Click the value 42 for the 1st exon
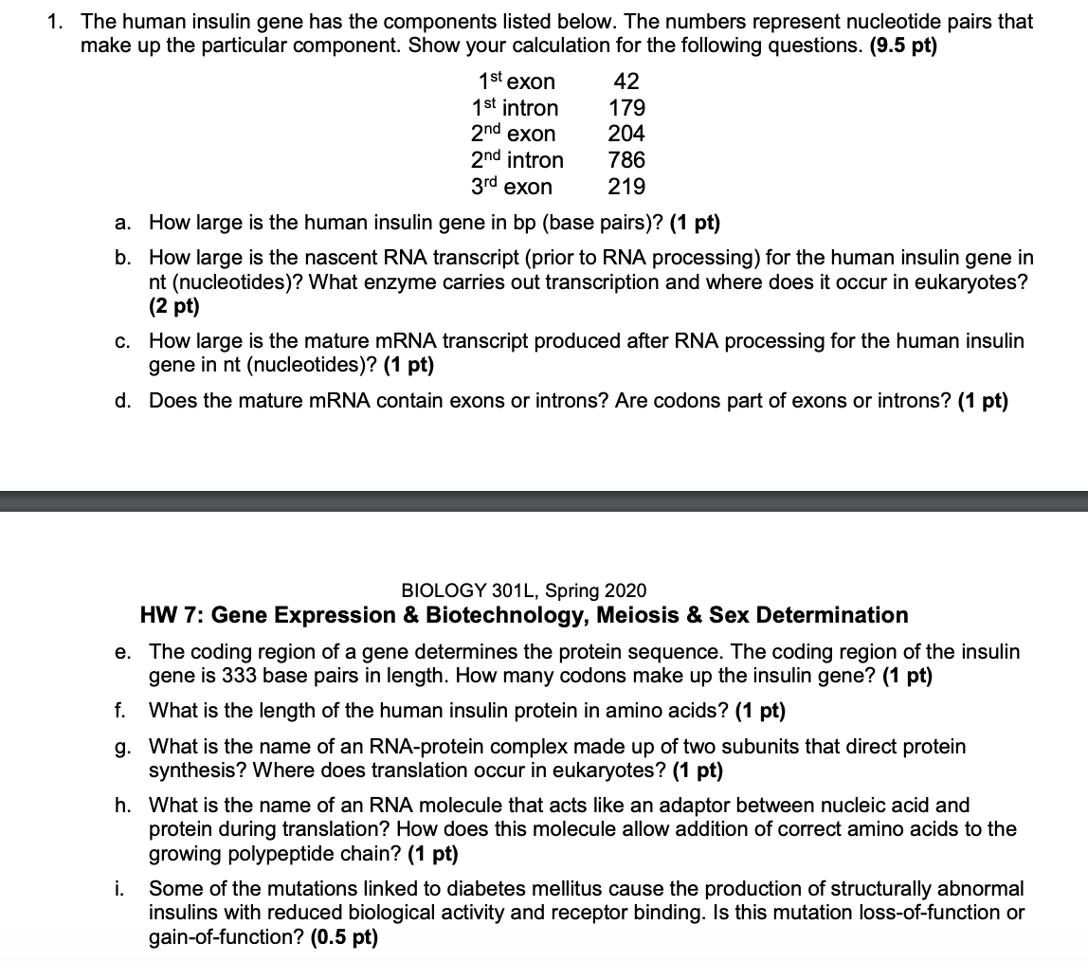pos(626,82)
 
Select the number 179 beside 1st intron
pos(626,108)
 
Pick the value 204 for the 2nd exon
pos(626,134)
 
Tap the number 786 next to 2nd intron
pos(626,160)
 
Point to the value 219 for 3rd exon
pos(626,187)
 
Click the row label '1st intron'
pos(515,108)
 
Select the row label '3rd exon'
pos(512,187)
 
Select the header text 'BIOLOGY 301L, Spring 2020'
pos(524,590)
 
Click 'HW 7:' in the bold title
pos(172,616)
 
